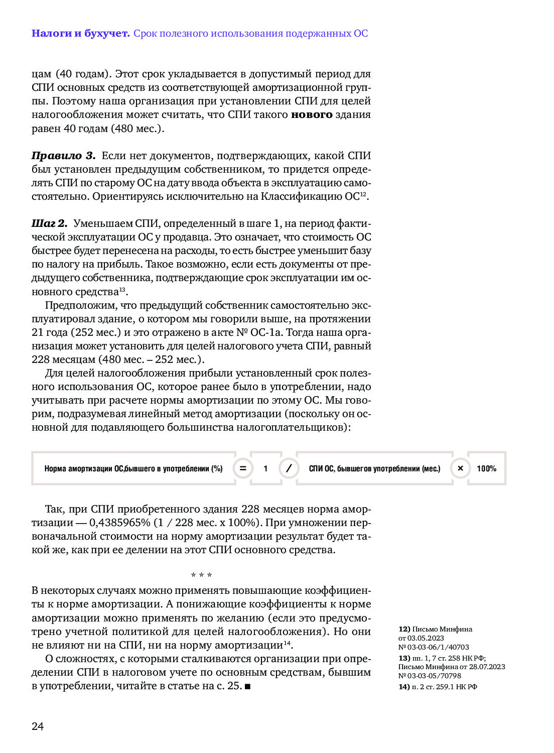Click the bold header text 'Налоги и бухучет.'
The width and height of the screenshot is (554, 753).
pos(80,34)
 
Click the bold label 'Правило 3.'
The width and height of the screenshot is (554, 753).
pos(63,156)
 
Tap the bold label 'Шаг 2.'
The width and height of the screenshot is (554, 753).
pos(49,223)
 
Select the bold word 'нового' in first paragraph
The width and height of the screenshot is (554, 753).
pos(312,114)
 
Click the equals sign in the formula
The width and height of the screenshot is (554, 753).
pos(243,468)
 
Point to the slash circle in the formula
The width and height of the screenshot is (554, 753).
pos(289,468)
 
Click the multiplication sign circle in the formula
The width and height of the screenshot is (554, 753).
pos(460,468)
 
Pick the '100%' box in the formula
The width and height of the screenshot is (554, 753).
pos(486,468)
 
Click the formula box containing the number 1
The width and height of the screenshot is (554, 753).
pos(265,468)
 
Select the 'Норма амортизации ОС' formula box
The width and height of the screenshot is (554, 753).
pos(133,468)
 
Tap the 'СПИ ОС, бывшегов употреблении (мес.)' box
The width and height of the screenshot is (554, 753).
pos(374,468)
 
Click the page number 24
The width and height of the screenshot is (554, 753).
pos(38,726)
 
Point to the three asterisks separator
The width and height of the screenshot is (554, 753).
pos(201,575)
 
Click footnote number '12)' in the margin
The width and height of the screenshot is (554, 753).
pos(404,629)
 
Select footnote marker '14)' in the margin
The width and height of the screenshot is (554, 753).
pos(404,687)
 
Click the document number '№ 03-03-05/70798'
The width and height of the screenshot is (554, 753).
pos(430,676)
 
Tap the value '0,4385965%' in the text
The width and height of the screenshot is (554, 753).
pos(120,523)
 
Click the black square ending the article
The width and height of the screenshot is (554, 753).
pos(247,686)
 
